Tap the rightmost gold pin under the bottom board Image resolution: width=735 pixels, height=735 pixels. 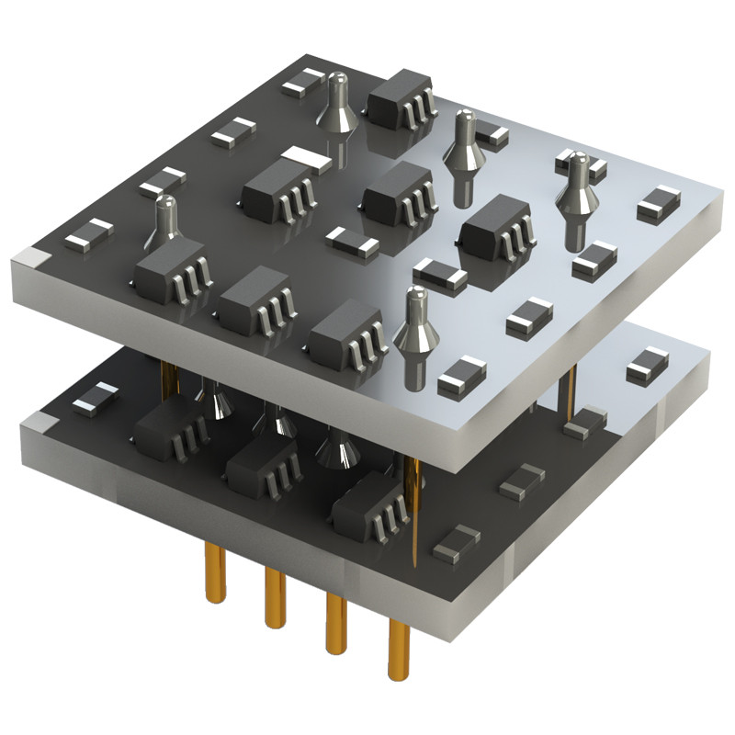[x=398, y=648]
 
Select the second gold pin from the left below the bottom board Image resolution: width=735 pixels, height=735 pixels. [x=275, y=596]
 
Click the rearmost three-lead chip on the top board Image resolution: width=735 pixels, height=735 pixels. [x=400, y=99]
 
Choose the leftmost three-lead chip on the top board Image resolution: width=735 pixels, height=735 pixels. [x=172, y=268]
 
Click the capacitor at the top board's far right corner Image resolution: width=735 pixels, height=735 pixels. [x=659, y=203]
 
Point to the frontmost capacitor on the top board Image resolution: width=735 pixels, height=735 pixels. [x=461, y=377]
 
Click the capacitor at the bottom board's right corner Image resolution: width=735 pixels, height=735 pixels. [x=649, y=365]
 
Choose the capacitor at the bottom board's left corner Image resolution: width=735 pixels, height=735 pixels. [x=96, y=397]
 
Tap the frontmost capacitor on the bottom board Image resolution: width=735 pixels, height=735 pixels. [x=456, y=545]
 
